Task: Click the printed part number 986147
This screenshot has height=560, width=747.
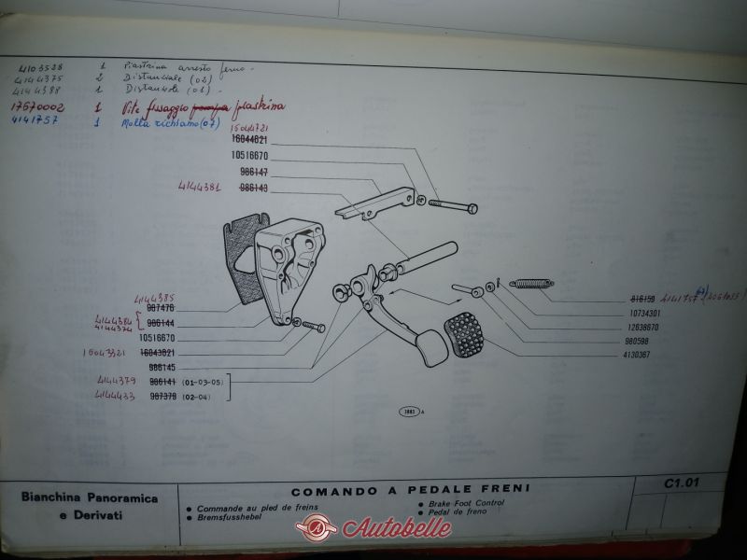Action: pos(254,173)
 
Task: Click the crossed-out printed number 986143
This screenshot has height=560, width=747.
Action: pos(254,188)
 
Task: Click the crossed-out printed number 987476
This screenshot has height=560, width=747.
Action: pos(162,308)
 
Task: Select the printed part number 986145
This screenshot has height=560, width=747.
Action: pos(162,368)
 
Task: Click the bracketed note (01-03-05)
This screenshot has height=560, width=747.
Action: pos(203,382)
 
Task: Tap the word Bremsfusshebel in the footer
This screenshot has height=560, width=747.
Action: pos(234,516)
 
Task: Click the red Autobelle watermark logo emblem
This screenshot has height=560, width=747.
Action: pos(317,528)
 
